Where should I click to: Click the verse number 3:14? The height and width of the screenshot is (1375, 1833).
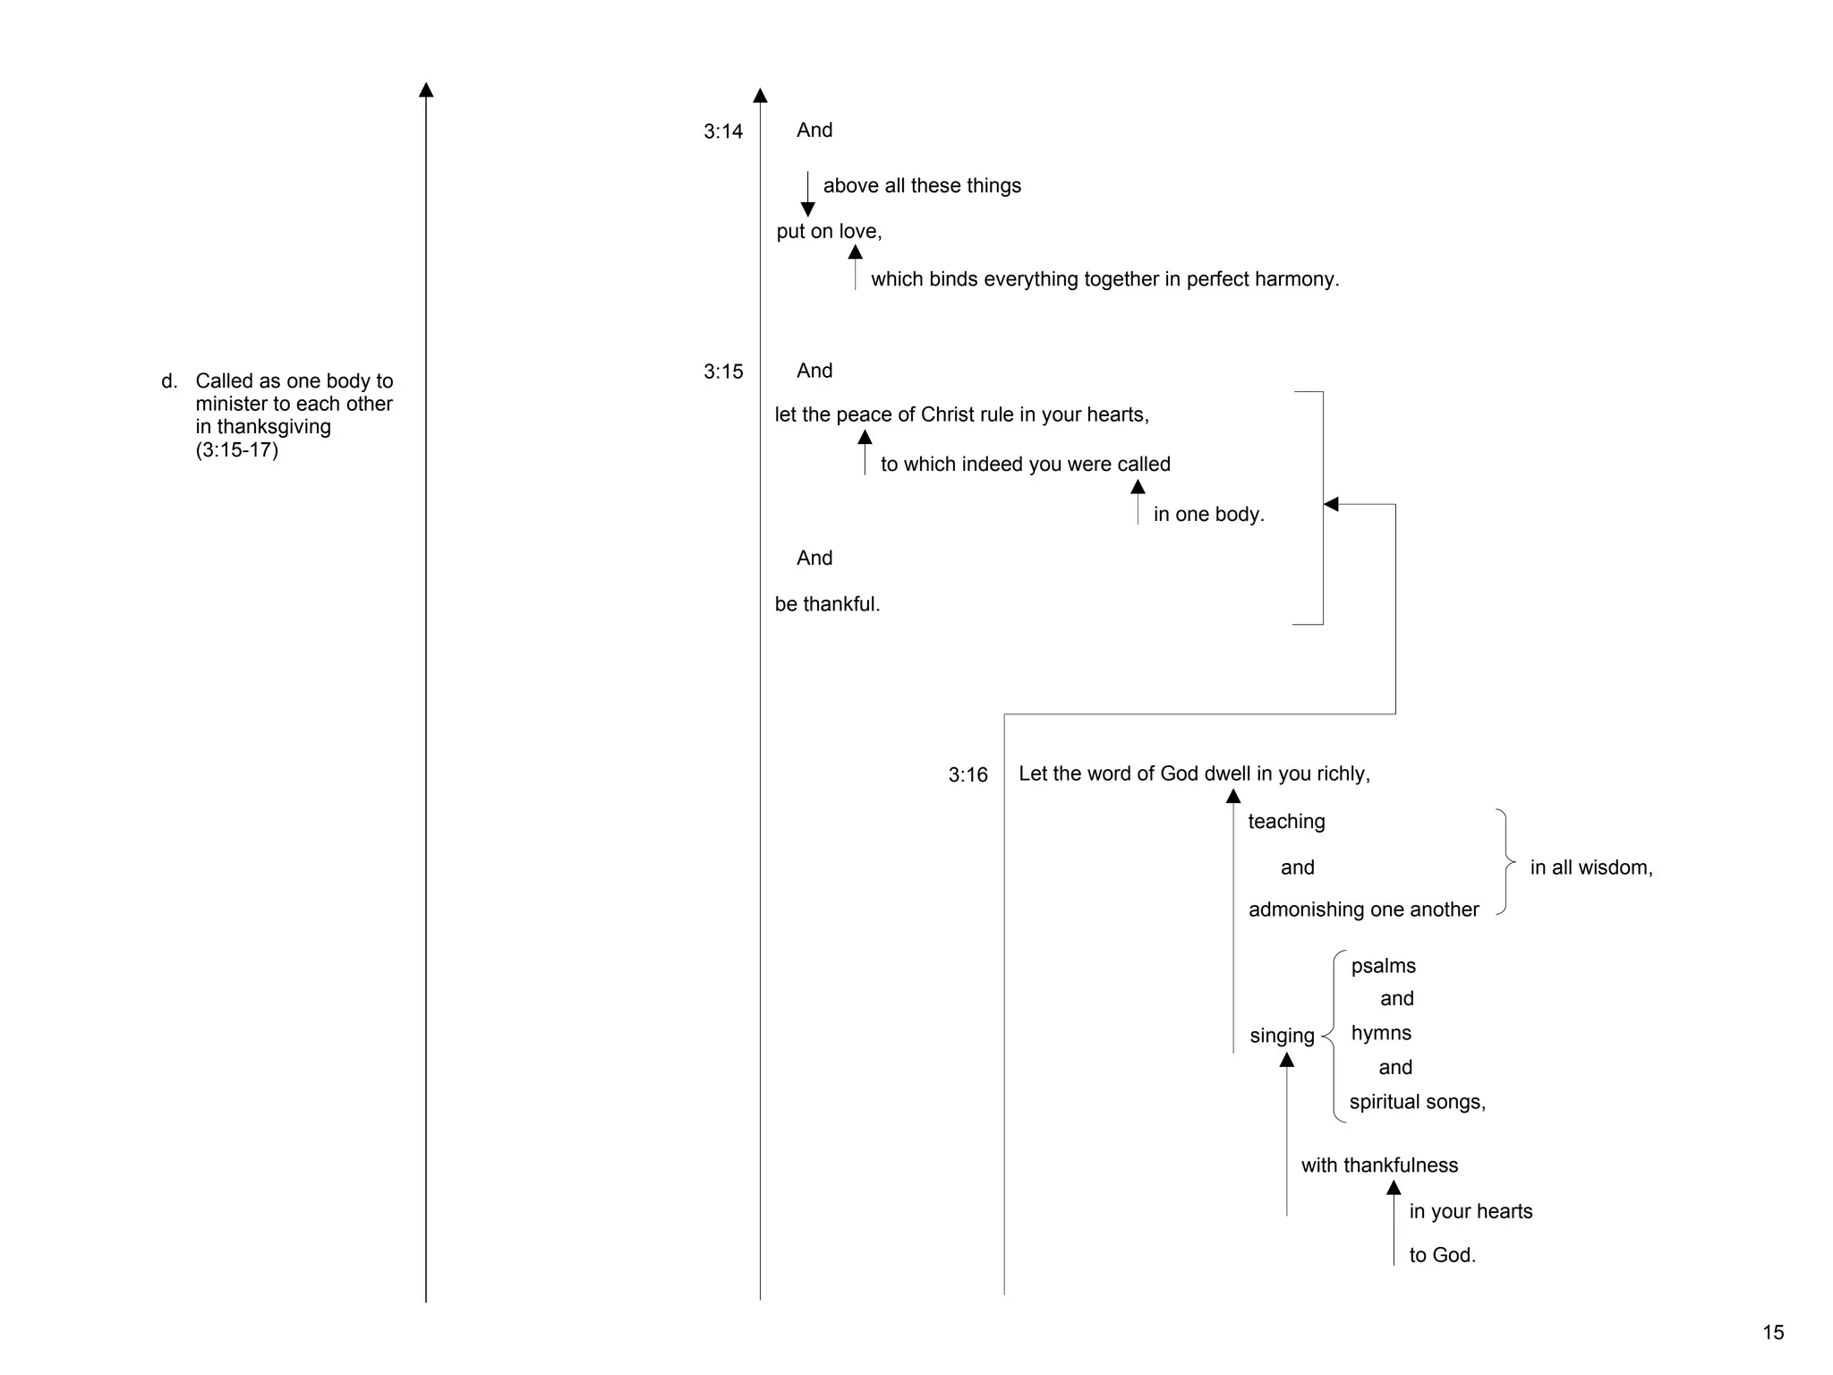coord(723,132)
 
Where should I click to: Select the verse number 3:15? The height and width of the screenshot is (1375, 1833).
coord(723,372)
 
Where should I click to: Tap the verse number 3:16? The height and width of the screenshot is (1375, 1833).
coord(968,775)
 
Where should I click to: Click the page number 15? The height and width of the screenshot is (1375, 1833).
coord(1773,1333)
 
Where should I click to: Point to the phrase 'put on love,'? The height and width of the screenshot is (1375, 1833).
coord(829,232)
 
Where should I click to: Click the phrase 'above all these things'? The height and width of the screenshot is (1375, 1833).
coord(922,186)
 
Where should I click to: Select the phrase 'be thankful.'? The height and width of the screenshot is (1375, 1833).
coord(827,605)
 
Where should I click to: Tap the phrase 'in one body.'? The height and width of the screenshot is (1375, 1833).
coord(1208,515)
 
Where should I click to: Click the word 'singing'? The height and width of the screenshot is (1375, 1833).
coord(1282,1037)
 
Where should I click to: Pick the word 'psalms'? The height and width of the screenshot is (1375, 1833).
coord(1383,967)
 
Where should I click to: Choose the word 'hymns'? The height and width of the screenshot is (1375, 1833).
coord(1381,1034)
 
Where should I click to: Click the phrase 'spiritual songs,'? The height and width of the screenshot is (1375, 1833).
coord(1417,1103)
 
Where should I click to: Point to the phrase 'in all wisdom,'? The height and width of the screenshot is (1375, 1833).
coord(1590,868)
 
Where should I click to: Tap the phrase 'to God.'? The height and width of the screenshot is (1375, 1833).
coord(1442,1256)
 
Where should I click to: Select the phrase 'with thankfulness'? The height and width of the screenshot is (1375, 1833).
coord(1379,1166)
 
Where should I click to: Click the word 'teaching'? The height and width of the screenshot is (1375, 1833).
coord(1286,822)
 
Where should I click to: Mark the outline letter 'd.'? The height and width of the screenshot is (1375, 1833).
coord(169,382)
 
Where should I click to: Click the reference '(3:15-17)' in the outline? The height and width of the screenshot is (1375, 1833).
coord(237,450)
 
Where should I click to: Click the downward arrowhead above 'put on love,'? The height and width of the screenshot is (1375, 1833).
coord(807,209)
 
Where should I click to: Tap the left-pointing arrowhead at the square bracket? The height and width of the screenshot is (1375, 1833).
coord(1331,504)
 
